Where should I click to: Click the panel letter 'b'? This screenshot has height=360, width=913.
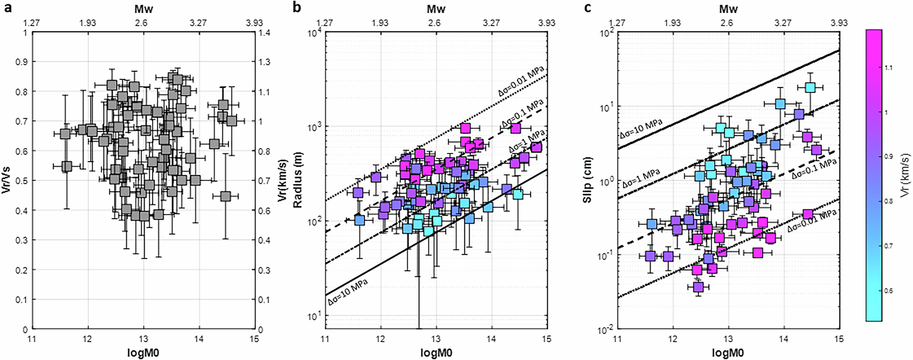[297, 8]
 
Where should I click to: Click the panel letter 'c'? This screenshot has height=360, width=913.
[588, 8]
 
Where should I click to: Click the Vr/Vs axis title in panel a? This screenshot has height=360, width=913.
[6, 181]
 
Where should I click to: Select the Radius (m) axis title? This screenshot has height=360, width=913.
[298, 181]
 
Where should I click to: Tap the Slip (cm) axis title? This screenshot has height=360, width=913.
[589, 181]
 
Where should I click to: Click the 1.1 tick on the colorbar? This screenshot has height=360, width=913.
[889, 68]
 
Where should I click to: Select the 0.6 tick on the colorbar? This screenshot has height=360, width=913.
[889, 291]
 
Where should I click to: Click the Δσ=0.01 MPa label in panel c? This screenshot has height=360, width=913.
[812, 222]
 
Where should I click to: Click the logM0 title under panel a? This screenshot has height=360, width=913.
[143, 352]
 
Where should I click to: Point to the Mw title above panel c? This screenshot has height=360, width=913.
[728, 9]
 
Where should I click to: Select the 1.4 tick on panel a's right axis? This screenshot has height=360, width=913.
[264, 32]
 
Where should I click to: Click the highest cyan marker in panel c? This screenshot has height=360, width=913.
[810, 87]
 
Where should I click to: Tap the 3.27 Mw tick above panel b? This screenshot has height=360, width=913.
[491, 23]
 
